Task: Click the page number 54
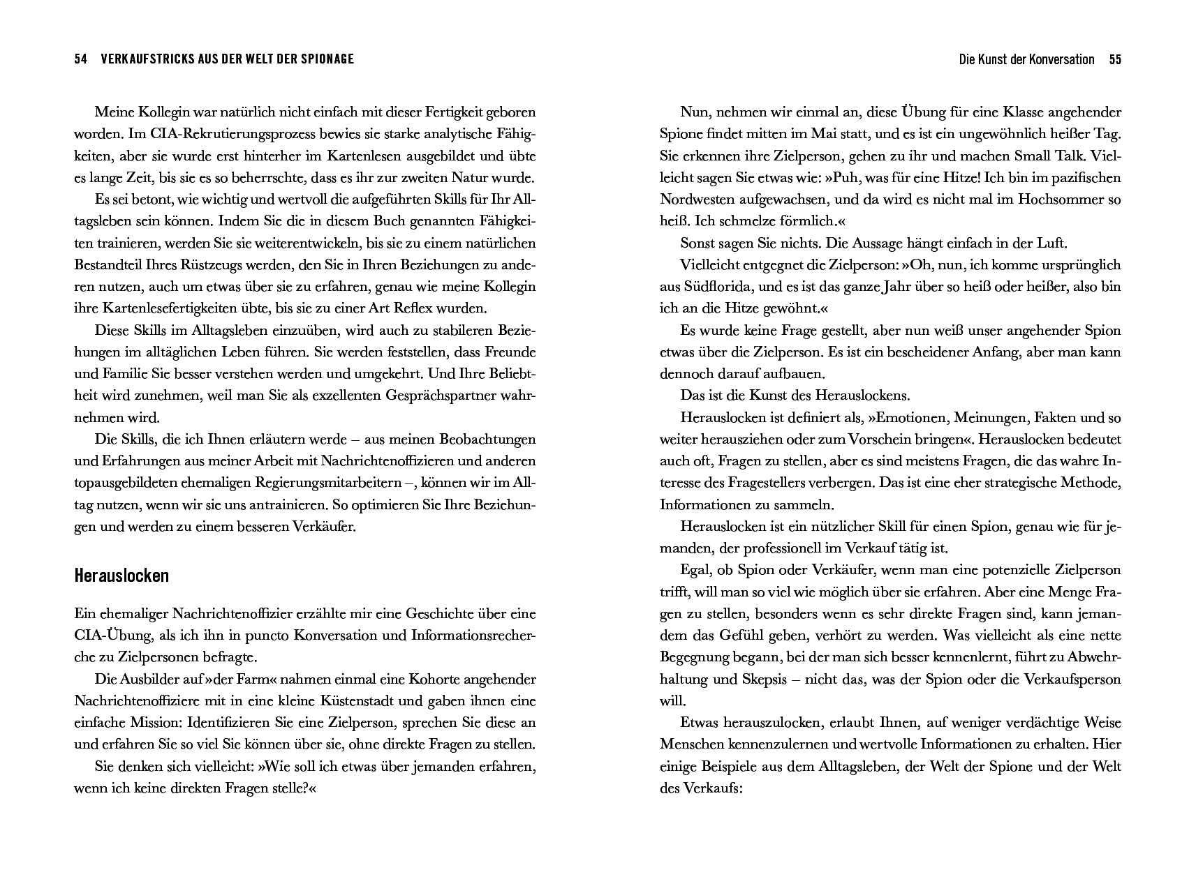[80, 59]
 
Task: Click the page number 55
[1114, 59]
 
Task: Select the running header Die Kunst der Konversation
[1026, 59]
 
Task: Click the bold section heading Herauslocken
[121, 576]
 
